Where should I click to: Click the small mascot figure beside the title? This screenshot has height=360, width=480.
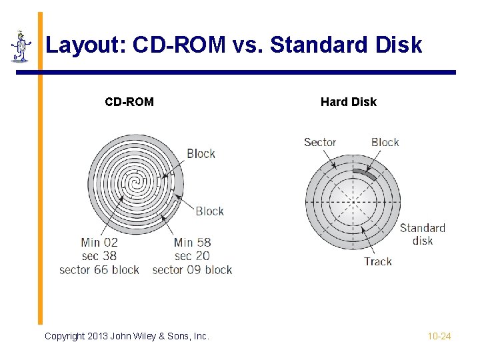coord(21,47)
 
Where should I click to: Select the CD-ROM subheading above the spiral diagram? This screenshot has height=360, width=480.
coord(129,102)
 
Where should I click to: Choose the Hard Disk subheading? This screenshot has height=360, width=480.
coord(348,102)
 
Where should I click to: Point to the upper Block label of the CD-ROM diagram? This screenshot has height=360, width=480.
coord(201,153)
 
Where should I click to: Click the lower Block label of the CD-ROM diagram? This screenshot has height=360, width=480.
coord(209,211)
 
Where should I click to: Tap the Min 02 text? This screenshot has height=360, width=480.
coord(99,243)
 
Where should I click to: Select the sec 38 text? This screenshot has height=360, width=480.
coord(99,256)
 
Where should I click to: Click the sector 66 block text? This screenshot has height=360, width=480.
coord(99,270)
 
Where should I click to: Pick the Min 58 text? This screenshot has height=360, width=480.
coord(192,243)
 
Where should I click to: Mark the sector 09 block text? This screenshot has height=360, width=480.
coord(192,270)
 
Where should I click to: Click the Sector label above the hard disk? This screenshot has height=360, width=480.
coord(320,142)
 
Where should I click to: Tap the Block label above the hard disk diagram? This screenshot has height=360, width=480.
coord(385,142)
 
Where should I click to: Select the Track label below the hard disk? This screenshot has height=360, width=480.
coord(378,261)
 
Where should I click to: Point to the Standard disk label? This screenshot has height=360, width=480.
coord(422,234)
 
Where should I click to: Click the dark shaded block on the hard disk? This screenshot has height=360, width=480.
coord(365,174)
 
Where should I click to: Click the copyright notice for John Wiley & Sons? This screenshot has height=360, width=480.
coord(127,336)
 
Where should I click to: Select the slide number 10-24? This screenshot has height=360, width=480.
coord(439,336)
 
